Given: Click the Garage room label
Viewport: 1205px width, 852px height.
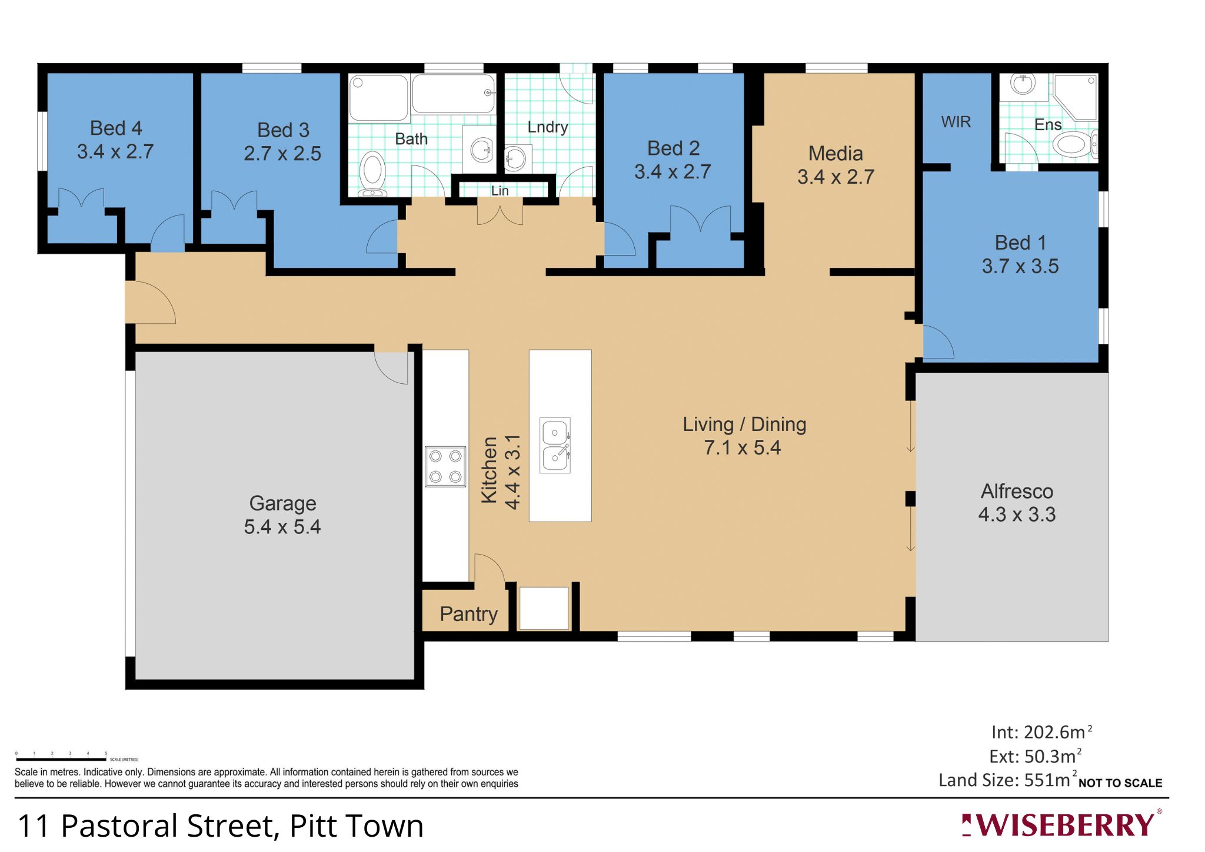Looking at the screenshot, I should (282, 503).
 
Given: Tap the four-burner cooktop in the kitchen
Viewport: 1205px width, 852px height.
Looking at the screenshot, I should (445, 466).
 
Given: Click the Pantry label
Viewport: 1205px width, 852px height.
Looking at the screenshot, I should (468, 614).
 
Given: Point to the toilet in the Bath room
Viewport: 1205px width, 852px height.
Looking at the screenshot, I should (372, 173).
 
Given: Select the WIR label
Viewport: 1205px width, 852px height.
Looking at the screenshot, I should (956, 122).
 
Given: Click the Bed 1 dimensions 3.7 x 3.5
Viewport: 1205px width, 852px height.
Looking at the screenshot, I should (1020, 266).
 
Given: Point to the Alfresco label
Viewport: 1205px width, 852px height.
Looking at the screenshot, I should (1017, 491).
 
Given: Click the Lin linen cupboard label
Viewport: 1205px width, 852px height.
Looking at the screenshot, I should (500, 191).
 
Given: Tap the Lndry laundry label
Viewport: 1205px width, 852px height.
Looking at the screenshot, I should (547, 127).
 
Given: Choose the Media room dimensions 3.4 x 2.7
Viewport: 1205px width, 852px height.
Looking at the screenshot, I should (835, 177).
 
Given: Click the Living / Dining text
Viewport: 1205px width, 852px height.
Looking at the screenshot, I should (744, 425).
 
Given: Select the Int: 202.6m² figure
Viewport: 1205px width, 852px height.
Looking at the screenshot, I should (1041, 732).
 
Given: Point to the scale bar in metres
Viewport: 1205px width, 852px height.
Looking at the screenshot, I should (61, 759).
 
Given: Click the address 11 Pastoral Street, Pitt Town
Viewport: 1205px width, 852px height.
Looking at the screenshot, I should (221, 826).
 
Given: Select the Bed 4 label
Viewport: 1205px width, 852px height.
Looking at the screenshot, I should (116, 128).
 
